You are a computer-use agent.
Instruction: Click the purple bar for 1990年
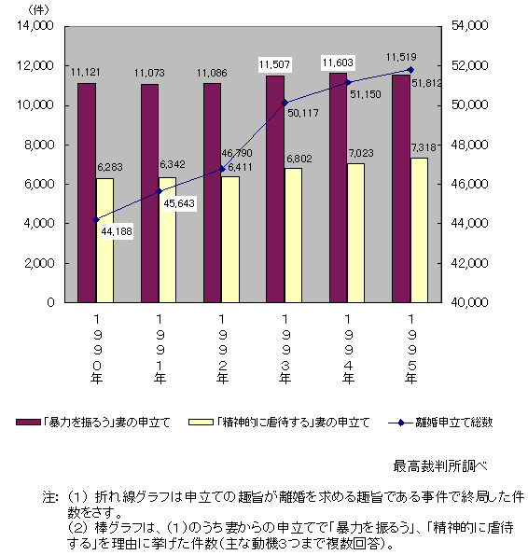tap(87, 193)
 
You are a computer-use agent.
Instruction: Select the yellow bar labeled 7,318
tap(419, 230)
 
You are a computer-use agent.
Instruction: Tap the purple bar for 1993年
tap(275, 189)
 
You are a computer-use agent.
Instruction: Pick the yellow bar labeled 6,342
tap(167, 240)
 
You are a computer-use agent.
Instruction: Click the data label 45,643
tap(179, 203)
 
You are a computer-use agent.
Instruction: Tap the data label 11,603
tap(338, 62)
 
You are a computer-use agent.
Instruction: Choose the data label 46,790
tap(237, 153)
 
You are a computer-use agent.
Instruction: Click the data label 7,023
tap(361, 153)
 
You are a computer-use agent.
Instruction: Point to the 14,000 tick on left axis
tap(35, 25)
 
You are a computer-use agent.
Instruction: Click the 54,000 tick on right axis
tap(469, 25)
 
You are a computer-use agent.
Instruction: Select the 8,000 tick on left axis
tap(39, 145)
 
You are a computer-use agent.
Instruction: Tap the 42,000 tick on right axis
tap(469, 263)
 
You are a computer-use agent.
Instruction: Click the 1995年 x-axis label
tap(410, 349)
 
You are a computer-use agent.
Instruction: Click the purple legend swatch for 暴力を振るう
tap(28, 423)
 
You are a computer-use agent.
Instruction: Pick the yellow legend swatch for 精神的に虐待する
tap(201, 423)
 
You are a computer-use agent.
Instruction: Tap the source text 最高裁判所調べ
tap(440, 466)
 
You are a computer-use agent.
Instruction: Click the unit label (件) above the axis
tap(38, 10)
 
